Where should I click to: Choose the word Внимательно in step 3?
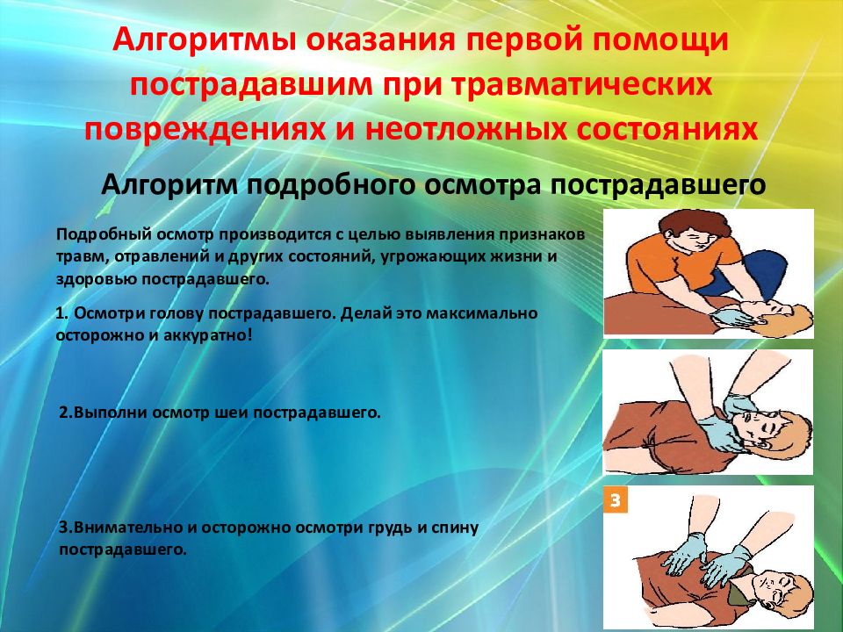point(128,528)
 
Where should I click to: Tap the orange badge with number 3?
point(615,499)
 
